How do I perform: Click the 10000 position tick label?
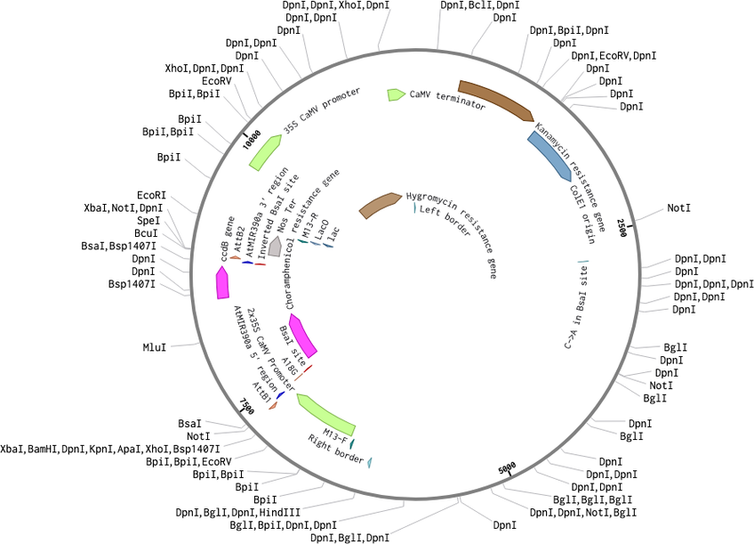252,142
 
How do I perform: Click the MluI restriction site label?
155,345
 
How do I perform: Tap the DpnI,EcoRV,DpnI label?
614,56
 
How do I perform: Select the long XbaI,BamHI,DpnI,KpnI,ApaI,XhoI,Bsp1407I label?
110,450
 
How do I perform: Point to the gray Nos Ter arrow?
276,248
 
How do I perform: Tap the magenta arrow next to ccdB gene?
221,283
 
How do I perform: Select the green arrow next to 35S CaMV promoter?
264,153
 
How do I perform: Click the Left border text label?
444,223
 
